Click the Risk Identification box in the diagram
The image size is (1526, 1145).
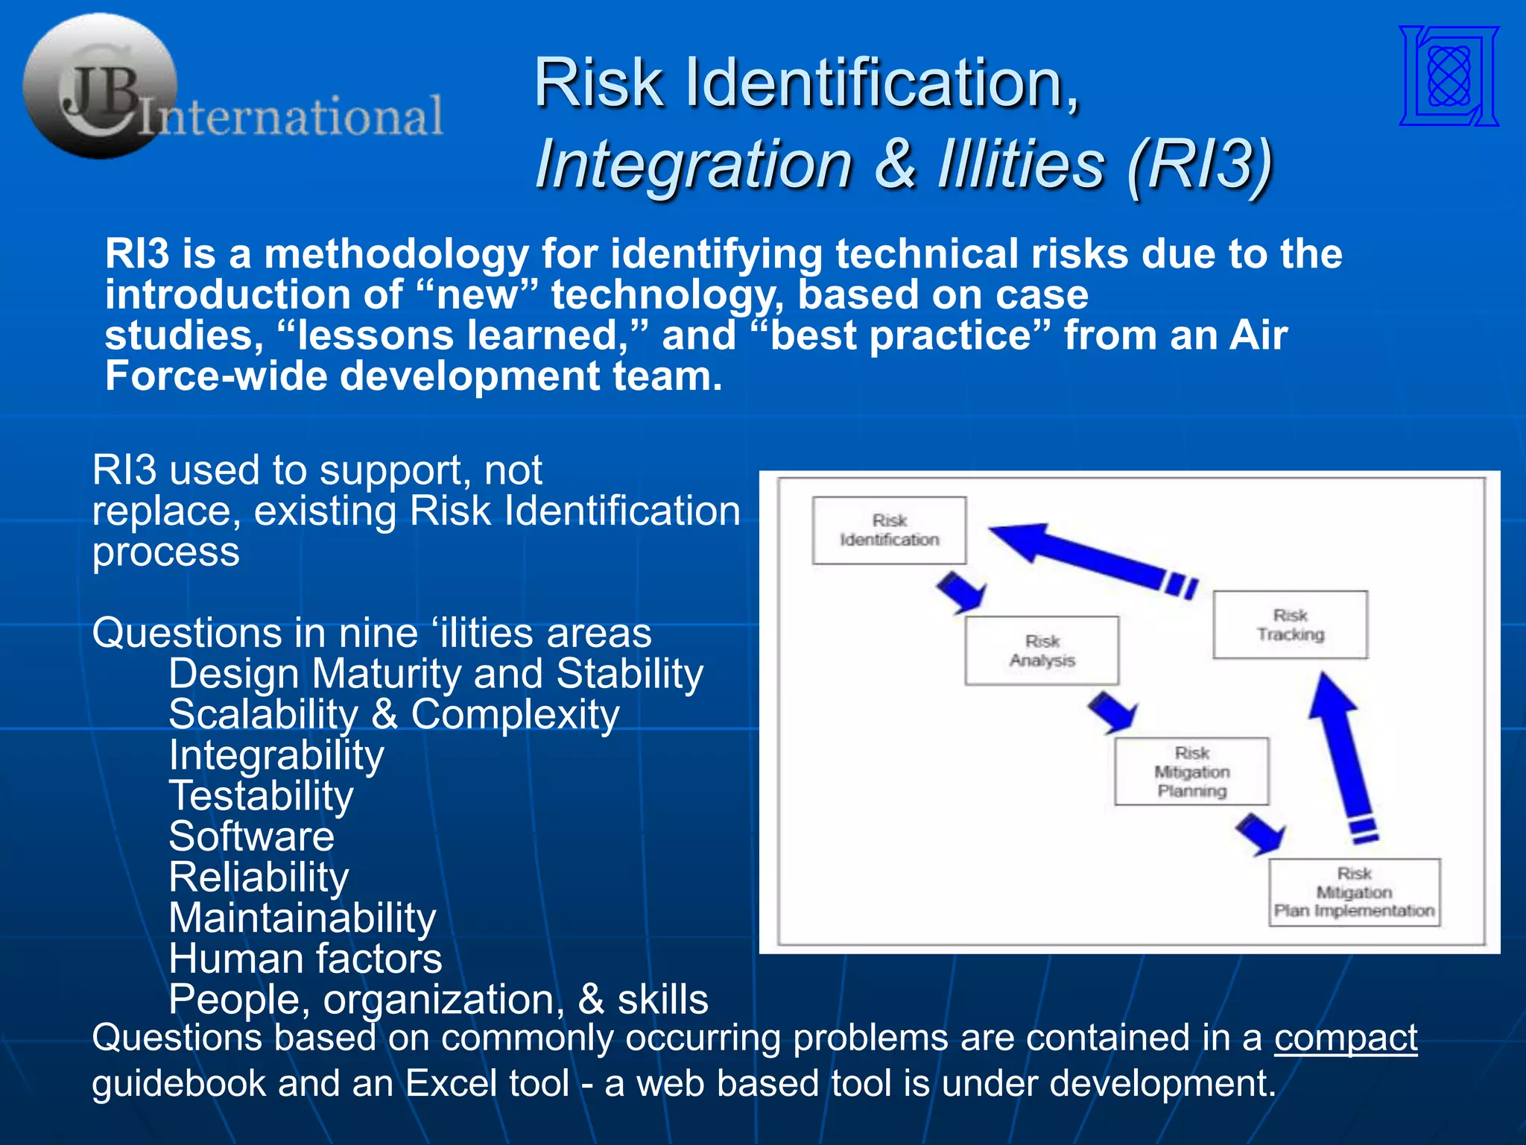pos(889,530)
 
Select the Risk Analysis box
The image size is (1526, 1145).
pos(1042,650)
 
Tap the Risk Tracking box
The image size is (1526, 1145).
pos(1290,625)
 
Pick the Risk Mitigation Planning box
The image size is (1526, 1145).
pos(1191,772)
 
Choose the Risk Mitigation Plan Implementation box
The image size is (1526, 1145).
pos(1354,892)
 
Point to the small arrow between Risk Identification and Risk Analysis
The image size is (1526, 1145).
pos(961,592)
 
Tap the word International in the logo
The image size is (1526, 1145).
pos(292,116)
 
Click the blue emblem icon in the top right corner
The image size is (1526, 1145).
pos(1449,76)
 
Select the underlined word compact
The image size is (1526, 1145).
pos(1345,1037)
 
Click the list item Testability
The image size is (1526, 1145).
pos(261,795)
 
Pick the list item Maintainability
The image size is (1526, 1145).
pos(302,918)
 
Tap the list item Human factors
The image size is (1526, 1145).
pos(305,959)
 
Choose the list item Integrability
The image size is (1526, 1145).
pos(276,755)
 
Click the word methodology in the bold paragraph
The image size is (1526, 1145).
pos(396,254)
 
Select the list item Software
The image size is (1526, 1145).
pos(251,836)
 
